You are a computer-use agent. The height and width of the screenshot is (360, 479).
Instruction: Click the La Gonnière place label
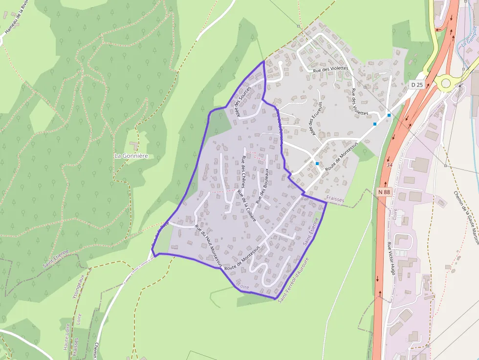(131, 156)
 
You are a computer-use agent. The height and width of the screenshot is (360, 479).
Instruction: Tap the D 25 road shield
(416, 85)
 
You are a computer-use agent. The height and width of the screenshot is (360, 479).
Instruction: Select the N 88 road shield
(384, 192)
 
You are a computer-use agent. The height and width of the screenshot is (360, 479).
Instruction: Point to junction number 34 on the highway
(390, 165)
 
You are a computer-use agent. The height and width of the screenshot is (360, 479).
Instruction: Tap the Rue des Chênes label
(243, 172)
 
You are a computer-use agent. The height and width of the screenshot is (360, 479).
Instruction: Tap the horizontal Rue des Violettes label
(330, 69)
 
